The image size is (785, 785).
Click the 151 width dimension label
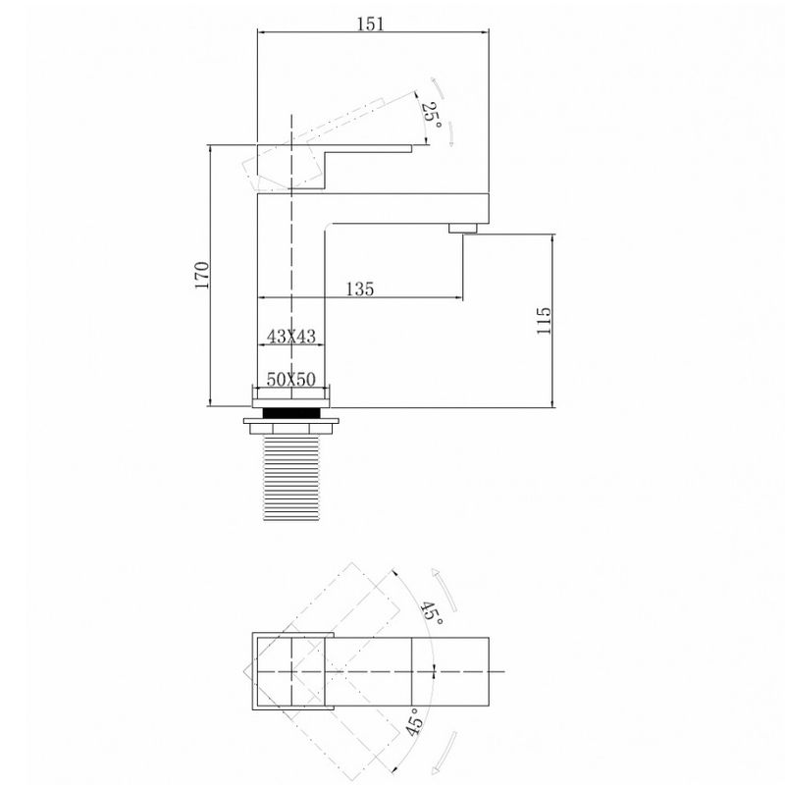pyautogui.click(x=371, y=24)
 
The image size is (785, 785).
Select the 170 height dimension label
pyautogui.click(x=202, y=275)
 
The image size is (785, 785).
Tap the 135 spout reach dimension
pyautogui.click(x=360, y=288)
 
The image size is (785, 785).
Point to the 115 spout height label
pyautogui.click(x=544, y=321)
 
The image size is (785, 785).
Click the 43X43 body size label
pyautogui.click(x=291, y=336)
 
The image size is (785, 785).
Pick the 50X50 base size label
pyautogui.click(x=290, y=379)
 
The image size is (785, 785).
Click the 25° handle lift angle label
pyautogui.click(x=432, y=116)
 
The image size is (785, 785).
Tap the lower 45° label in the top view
pyautogui.click(x=414, y=721)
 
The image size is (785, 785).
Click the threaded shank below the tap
pyautogui.click(x=291, y=478)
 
